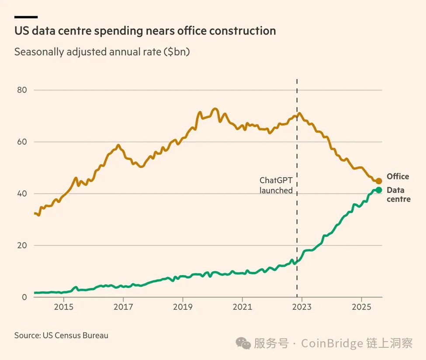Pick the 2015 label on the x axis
click(64, 306)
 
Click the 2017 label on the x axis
click(124, 306)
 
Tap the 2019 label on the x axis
click(183, 306)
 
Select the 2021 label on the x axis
click(243, 306)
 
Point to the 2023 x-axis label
click(302, 306)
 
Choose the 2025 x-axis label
click(362, 306)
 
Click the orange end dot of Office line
click(379, 181)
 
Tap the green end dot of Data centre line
click(379, 190)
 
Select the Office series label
click(398, 177)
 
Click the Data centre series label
click(398, 195)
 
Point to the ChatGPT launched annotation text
click(276, 185)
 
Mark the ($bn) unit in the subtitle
click(179, 52)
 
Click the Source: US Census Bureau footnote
click(61, 336)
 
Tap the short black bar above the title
click(26, 17)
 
